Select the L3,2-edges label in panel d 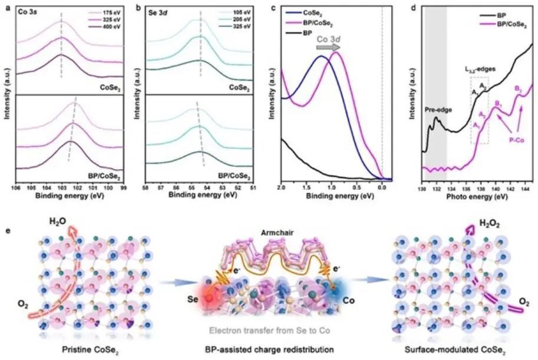478,69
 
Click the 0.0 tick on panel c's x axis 382,187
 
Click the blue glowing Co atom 338,296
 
